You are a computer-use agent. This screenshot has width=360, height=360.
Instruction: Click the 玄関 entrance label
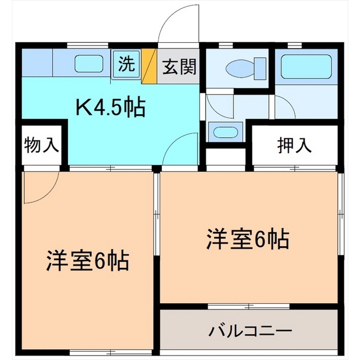179,67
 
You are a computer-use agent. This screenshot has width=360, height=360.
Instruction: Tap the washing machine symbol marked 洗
126,65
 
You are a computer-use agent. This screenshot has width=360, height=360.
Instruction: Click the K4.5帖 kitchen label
111,107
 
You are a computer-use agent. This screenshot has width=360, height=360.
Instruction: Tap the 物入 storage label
42,145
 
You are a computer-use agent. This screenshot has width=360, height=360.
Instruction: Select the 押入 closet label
295,145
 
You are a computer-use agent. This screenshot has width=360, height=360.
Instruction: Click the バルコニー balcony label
250,331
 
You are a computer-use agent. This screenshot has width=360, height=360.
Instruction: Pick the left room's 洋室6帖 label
87,261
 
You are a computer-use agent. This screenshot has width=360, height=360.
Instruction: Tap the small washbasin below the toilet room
225,132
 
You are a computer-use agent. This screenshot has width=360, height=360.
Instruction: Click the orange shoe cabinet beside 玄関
149,66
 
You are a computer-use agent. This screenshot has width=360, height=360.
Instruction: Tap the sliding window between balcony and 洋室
249,306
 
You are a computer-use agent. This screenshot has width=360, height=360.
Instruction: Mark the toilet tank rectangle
260,69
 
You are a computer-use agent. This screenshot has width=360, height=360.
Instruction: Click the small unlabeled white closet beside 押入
226,156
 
